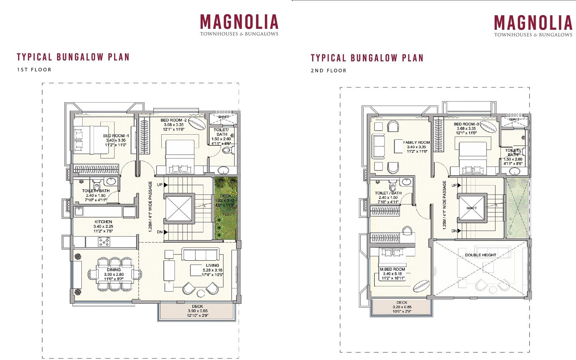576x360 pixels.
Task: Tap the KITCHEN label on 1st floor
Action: pos(103,222)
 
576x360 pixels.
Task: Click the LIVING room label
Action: pos(212,265)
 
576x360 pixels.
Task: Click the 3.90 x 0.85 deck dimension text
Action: pos(198,311)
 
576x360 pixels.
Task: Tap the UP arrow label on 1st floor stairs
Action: pos(159,185)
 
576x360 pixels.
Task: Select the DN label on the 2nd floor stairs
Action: pos(454,231)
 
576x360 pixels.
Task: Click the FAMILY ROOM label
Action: pos(417,142)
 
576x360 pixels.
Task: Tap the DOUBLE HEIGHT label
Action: pos(481,255)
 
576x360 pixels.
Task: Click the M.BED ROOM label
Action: pos(392,269)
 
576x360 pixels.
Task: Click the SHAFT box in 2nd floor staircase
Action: pos(472,208)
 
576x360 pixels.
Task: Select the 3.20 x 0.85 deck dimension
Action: pos(402,307)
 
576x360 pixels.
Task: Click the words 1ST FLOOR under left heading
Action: pos(34,69)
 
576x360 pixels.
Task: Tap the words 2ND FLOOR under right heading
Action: pos(328,71)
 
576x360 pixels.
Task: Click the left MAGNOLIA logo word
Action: pos(239,22)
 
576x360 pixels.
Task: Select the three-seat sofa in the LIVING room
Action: pos(201,255)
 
